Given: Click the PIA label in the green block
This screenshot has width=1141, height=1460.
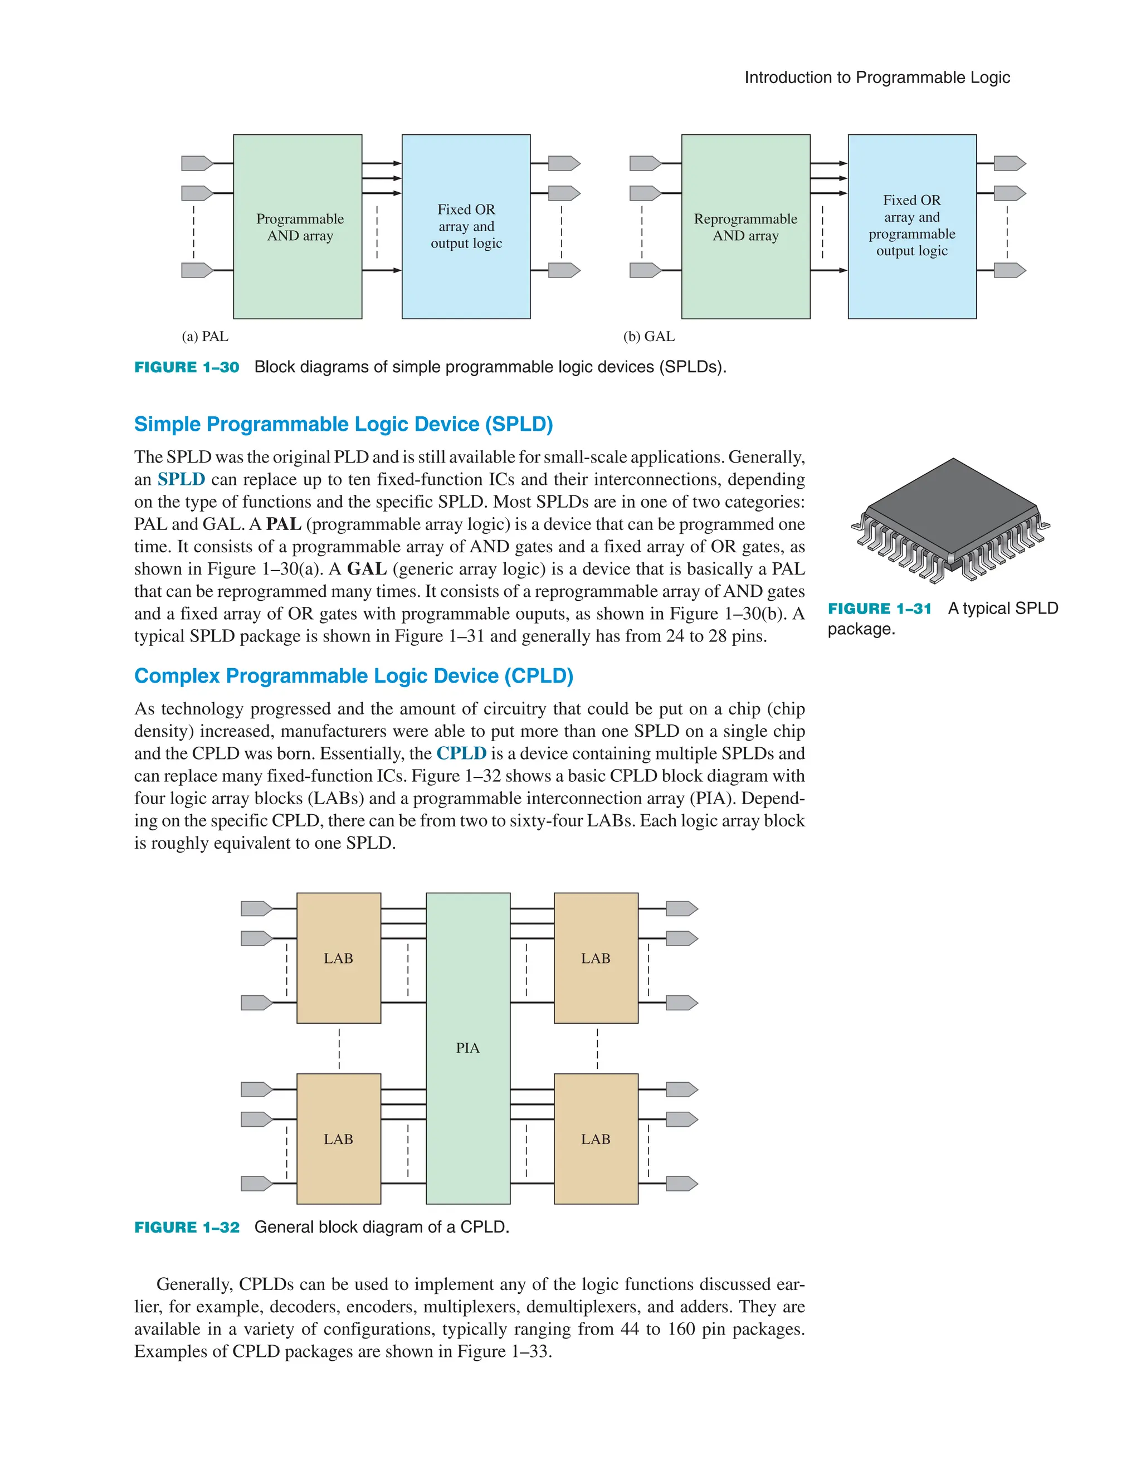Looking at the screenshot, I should pos(467,1048).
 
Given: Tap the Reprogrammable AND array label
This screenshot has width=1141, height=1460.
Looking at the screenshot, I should pos(745,227).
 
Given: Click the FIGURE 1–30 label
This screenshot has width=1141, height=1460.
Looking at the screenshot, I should pos(187,367).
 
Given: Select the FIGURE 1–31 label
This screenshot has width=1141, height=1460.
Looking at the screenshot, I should pos(879,609).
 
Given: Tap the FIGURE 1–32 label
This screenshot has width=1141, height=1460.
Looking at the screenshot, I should pos(187,1228).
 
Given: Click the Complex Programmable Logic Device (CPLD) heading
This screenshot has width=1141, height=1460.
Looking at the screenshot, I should pos(354,676).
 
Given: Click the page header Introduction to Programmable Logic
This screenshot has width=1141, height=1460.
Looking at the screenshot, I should pos(876,77).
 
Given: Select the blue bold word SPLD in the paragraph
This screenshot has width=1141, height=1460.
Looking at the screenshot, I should pos(181,479).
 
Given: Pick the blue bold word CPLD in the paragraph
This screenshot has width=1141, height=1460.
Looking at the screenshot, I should pos(461,753).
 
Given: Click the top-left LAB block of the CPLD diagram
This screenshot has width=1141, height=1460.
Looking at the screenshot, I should pos(338,958).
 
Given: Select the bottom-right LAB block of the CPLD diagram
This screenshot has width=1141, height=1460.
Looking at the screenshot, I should pos(596,1139).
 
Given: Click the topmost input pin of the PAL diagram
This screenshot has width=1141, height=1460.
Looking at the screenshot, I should pos(197,163).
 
